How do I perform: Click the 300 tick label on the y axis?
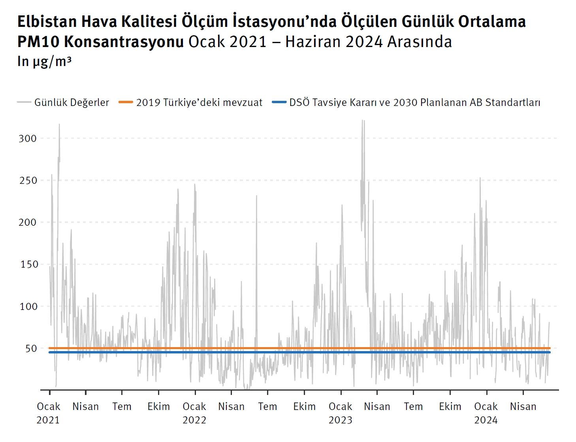coord(28,138)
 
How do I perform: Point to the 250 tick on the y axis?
coord(28,180)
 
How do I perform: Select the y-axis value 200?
coord(28,222)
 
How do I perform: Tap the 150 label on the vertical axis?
coord(29,264)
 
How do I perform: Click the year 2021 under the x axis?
coord(48,420)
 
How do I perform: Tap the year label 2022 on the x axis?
coord(194,420)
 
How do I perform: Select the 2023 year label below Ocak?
coord(340,420)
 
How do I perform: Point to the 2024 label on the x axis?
coord(486,420)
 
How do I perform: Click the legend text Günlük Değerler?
coord(72,102)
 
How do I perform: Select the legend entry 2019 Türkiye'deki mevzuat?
coord(199,102)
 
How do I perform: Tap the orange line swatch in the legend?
coord(126,102)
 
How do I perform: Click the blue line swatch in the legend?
coord(279,102)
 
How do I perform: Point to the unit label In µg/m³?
coord(44,61)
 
